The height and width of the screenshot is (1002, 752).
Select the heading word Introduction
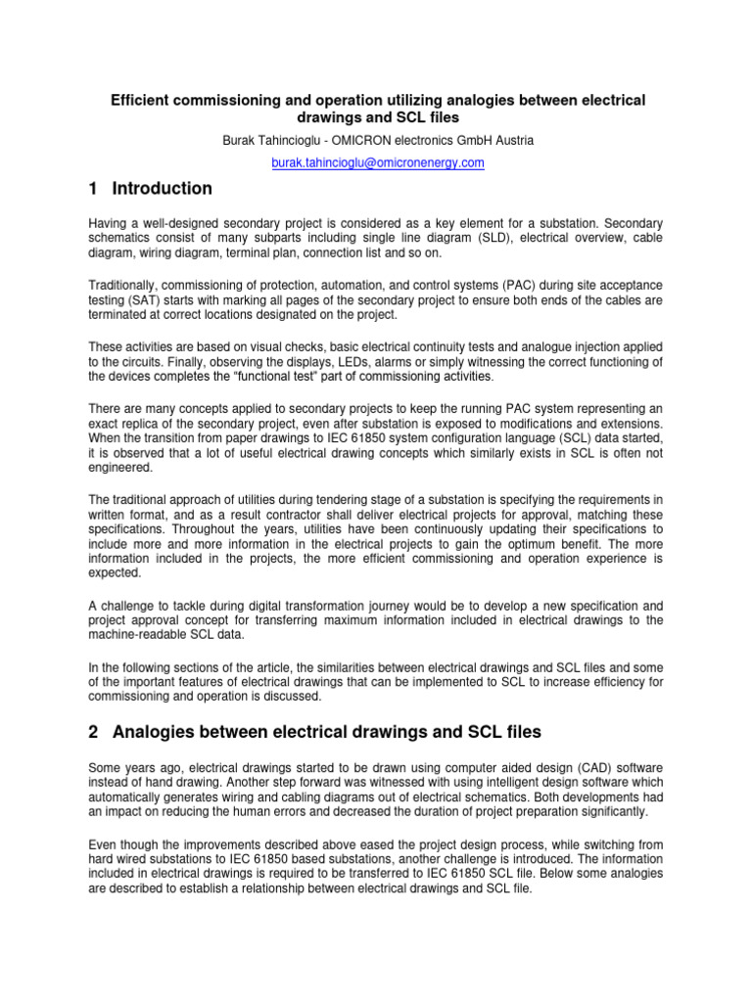tap(162, 189)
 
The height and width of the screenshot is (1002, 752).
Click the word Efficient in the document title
tap(140, 101)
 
